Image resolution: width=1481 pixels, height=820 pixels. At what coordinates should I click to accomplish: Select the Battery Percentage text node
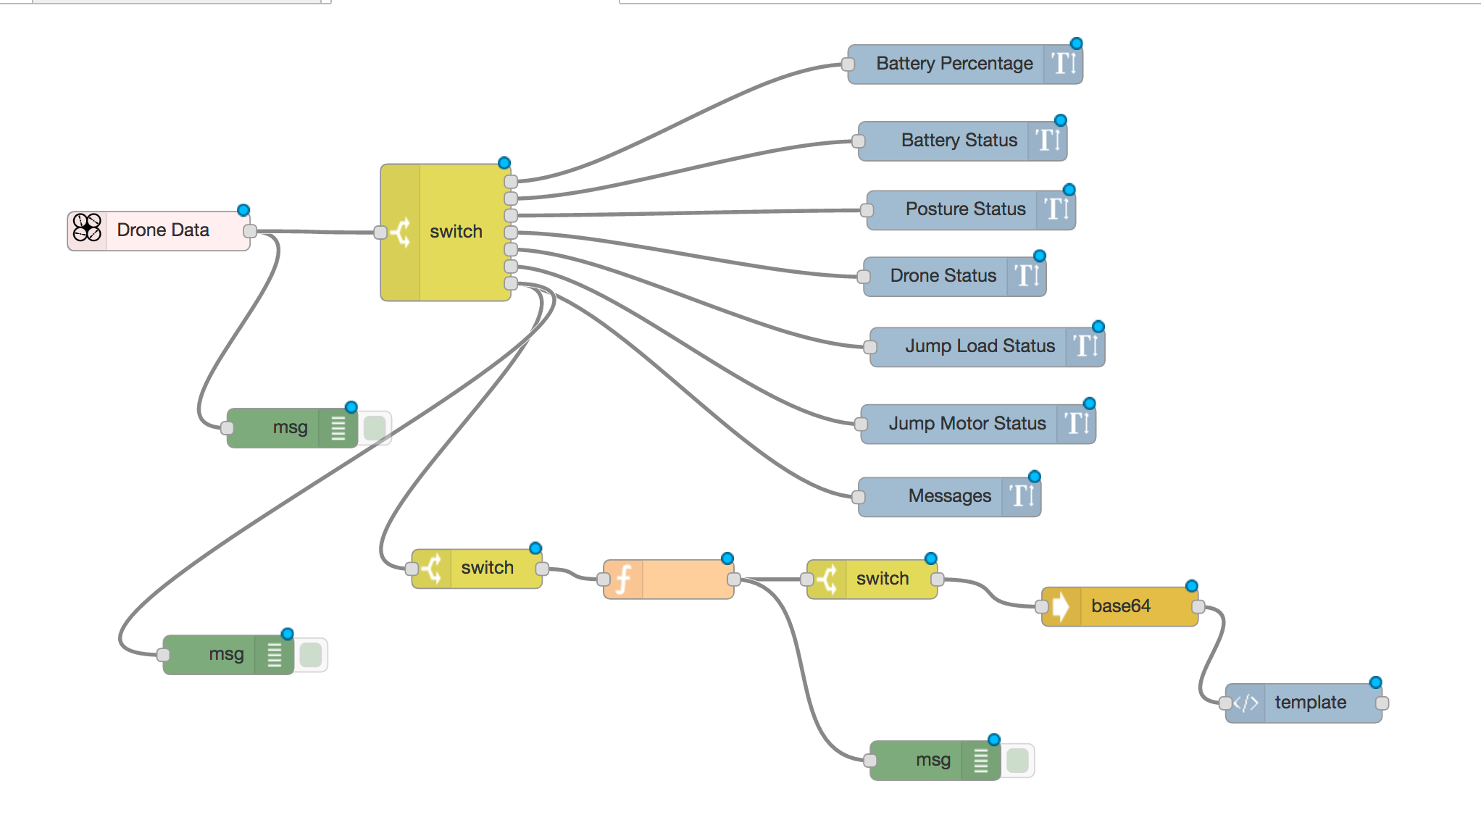click(x=954, y=64)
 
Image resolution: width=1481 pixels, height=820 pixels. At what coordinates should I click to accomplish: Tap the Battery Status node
click(x=959, y=141)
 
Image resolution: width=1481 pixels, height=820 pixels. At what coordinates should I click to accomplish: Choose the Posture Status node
click(x=965, y=210)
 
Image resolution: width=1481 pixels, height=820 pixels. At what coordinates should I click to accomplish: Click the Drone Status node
click(x=943, y=277)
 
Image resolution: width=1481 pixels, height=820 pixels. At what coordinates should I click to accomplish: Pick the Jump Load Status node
click(x=979, y=347)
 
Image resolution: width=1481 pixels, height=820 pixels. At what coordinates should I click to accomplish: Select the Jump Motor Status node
click(x=967, y=424)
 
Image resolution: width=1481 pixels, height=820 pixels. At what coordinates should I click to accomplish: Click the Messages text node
click(x=949, y=497)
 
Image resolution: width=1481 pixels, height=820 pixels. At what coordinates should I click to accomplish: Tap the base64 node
click(x=1120, y=606)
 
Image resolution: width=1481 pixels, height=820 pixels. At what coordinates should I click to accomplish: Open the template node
click(x=1310, y=703)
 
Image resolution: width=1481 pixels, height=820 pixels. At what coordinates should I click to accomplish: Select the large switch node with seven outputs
click(x=455, y=232)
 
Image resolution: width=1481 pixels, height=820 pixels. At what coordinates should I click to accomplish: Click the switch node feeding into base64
click(x=881, y=579)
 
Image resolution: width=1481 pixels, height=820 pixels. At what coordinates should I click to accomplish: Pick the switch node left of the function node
click(x=486, y=568)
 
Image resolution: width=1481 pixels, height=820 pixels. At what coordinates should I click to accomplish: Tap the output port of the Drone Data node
click(x=250, y=231)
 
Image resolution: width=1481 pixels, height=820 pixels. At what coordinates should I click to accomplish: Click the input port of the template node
click(x=1225, y=703)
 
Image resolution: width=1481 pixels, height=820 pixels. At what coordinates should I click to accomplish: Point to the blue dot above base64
click(x=1191, y=586)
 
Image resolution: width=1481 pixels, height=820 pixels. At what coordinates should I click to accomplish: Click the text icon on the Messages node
click(x=1022, y=496)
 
